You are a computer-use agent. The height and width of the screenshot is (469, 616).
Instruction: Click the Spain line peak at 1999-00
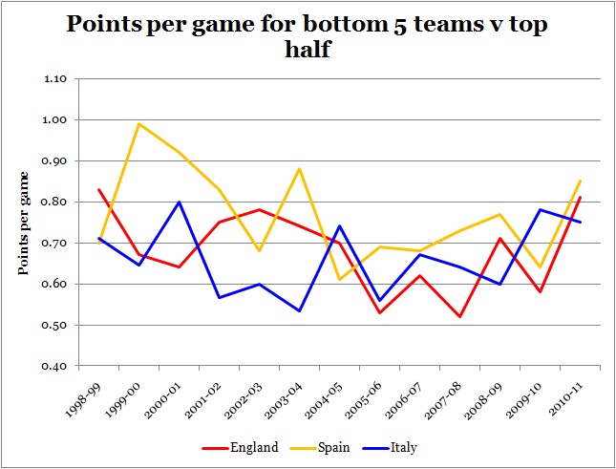coord(114,123)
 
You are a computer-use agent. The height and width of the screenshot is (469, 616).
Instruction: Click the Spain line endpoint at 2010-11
coord(582,181)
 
